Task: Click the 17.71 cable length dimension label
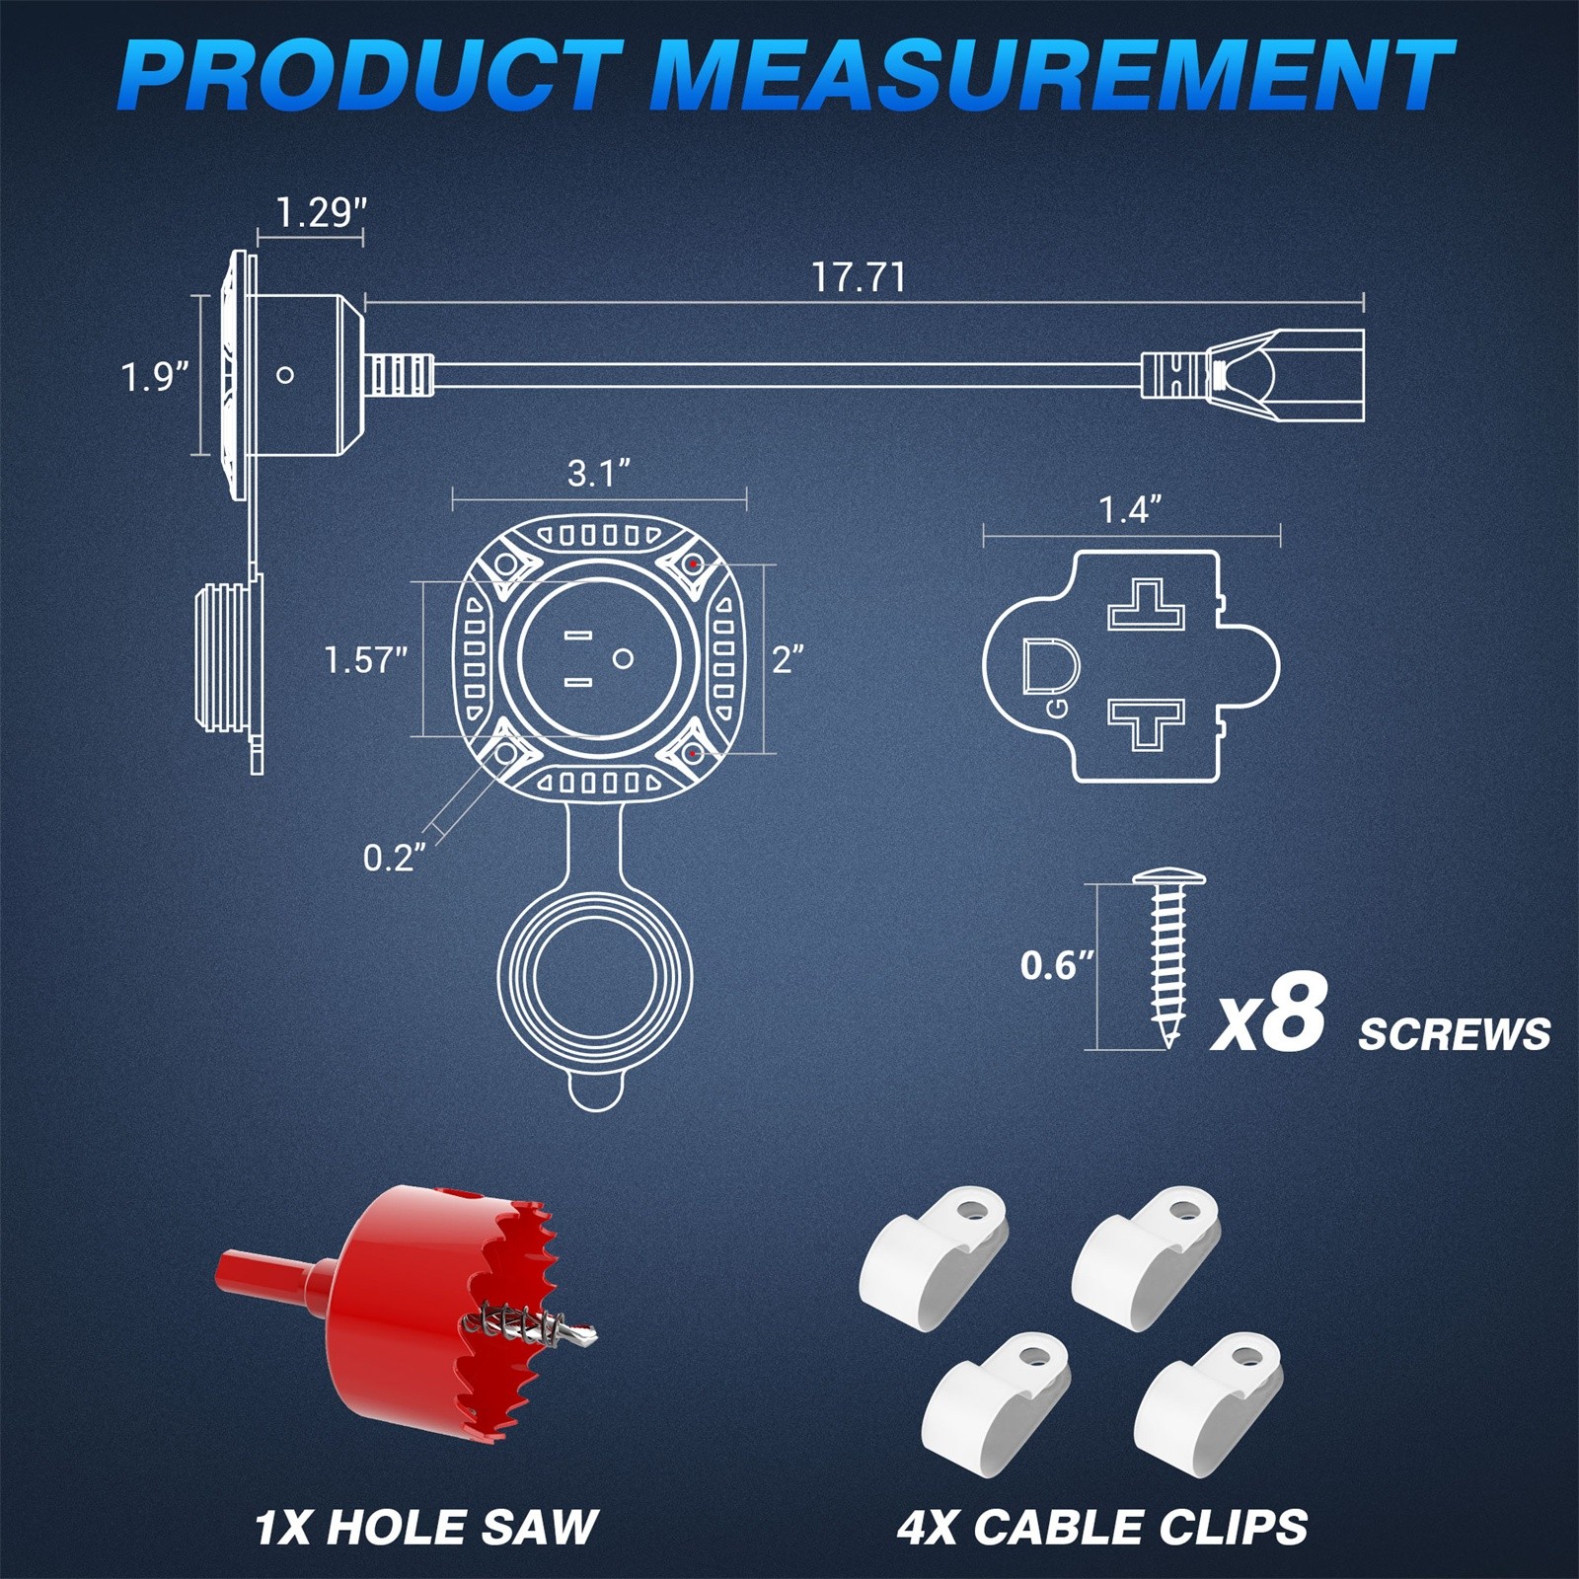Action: (x=858, y=277)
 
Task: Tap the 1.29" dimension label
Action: (x=321, y=213)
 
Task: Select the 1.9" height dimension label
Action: (x=155, y=376)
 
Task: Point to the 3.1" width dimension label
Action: (x=599, y=474)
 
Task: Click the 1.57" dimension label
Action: (x=366, y=659)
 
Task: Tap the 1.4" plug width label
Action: (x=1131, y=510)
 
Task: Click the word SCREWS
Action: (x=1455, y=1034)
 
